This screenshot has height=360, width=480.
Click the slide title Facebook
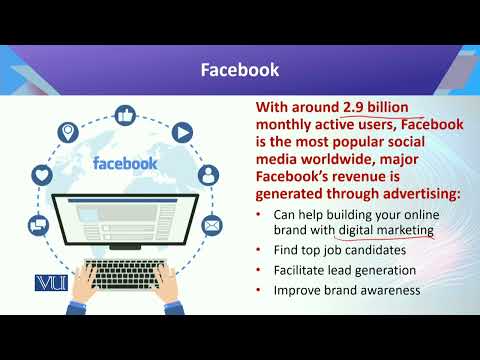tap(240, 70)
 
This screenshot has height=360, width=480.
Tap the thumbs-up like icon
tap(124, 116)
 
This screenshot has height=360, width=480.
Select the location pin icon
tap(69, 131)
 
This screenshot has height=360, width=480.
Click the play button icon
tap(181, 131)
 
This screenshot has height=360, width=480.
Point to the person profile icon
tap(207, 175)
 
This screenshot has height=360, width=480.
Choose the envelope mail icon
tap(212, 226)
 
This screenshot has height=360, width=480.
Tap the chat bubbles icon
tap(37, 226)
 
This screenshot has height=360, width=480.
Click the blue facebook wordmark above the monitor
tap(124, 162)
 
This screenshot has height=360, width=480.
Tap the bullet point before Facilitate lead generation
tap(261, 270)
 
